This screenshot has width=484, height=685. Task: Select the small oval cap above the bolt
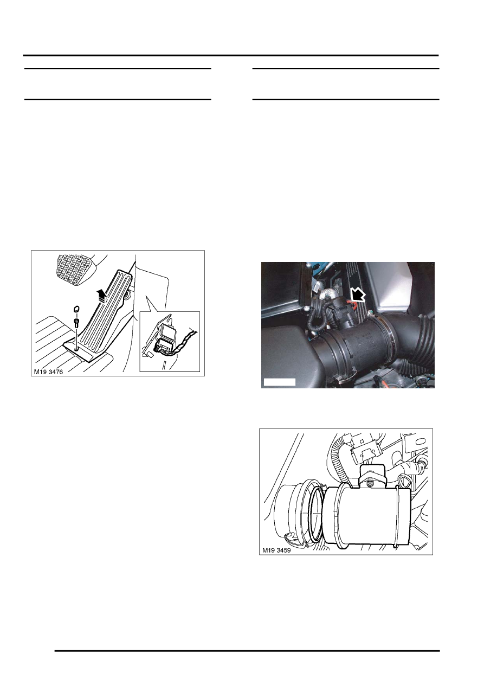(x=76, y=310)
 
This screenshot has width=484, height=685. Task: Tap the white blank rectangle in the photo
(x=279, y=382)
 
